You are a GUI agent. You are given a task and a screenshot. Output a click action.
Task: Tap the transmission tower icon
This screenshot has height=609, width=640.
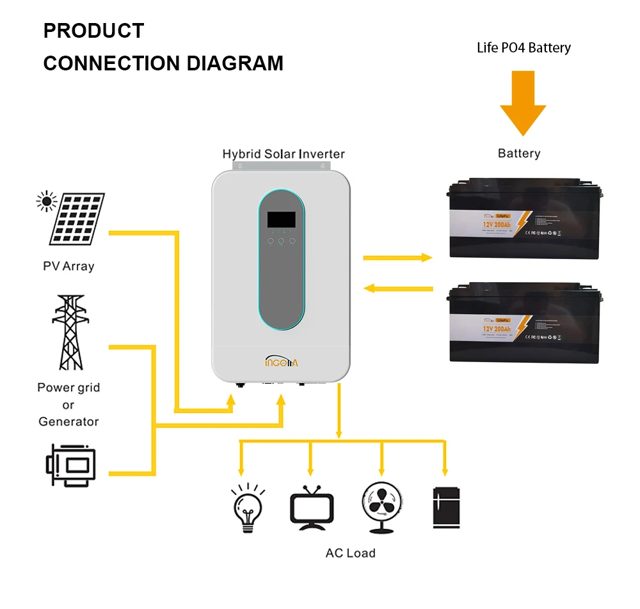(x=68, y=332)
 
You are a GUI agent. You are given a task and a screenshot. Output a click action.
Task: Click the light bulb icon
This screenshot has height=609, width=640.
(x=247, y=509)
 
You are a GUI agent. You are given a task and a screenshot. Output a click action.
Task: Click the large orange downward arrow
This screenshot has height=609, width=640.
(x=523, y=103)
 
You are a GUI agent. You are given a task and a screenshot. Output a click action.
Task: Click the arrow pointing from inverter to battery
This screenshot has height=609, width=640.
(x=397, y=257)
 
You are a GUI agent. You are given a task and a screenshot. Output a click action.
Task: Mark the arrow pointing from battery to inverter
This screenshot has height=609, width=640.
(x=397, y=289)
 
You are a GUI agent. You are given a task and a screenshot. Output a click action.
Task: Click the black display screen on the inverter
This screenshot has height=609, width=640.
(x=281, y=219)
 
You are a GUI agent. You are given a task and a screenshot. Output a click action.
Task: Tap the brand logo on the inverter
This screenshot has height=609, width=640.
(x=282, y=362)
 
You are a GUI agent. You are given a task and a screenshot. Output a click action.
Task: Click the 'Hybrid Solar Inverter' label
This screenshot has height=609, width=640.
(x=283, y=154)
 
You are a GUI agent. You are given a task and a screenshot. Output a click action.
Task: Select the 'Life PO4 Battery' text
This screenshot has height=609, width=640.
(x=524, y=47)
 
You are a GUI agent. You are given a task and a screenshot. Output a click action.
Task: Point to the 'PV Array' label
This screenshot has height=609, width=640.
(x=68, y=266)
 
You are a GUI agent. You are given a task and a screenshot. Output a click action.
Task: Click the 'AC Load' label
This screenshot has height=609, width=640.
(x=350, y=553)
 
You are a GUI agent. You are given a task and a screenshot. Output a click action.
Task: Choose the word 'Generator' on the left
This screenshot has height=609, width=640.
(x=68, y=422)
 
